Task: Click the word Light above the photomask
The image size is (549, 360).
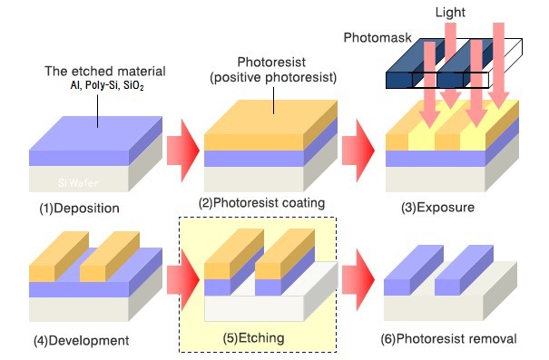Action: (x=450, y=13)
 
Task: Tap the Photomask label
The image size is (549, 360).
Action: (x=377, y=37)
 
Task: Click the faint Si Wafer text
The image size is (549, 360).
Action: (x=78, y=182)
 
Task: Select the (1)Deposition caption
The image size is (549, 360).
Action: (x=80, y=209)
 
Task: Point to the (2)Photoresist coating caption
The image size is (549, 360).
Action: (x=262, y=203)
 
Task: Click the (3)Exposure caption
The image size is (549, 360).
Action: (x=438, y=207)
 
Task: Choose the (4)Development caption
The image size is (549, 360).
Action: (x=82, y=340)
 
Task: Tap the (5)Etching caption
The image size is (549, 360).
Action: (x=253, y=338)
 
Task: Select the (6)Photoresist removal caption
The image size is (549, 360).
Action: (x=449, y=338)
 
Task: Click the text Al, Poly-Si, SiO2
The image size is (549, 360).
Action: (x=107, y=86)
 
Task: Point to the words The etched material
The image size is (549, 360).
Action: (x=105, y=71)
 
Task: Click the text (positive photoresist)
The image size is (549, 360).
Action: (x=273, y=77)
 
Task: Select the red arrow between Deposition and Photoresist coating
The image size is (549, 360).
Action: (x=183, y=151)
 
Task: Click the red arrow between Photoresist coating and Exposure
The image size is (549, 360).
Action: (x=358, y=151)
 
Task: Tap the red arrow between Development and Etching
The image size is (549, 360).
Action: (x=183, y=280)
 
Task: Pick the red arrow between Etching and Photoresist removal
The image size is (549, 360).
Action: (x=358, y=280)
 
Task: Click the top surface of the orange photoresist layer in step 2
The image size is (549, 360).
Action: (x=270, y=117)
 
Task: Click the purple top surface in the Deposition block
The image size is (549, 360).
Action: (x=95, y=133)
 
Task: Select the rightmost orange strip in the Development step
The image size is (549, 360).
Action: (x=109, y=257)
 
